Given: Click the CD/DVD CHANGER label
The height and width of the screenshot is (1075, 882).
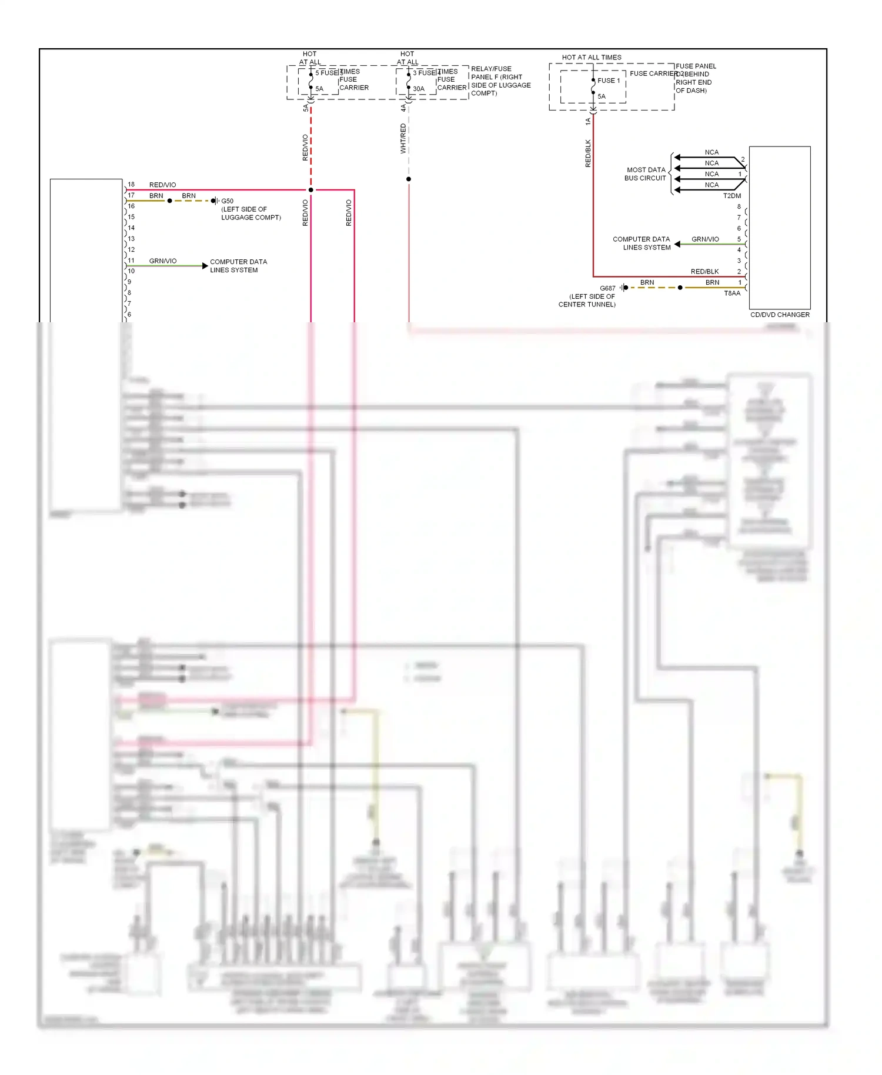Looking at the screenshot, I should (779, 315).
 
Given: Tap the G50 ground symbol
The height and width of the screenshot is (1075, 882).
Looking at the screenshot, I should (215, 201).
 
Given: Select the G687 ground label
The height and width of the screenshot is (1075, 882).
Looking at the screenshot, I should (607, 288).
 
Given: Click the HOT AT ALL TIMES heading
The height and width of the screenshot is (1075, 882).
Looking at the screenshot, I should (591, 57).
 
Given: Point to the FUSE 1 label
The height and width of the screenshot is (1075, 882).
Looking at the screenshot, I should (608, 81).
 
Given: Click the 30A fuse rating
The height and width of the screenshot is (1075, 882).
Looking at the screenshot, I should (418, 89).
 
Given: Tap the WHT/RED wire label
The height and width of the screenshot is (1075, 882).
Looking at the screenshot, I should (403, 138).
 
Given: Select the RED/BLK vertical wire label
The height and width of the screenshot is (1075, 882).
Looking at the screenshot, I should (587, 153).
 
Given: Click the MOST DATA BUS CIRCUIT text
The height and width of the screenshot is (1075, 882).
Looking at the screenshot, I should (645, 173).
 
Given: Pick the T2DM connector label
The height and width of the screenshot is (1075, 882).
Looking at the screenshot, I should (731, 196).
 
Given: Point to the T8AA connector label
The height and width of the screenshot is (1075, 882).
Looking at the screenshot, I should (731, 293).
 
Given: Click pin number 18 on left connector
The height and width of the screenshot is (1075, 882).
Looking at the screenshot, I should (131, 184).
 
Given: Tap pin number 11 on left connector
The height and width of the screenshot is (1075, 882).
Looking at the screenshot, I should (131, 260).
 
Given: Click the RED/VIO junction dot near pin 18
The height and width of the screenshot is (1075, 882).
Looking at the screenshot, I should (310, 190).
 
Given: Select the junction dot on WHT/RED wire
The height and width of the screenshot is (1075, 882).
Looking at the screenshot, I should (408, 179).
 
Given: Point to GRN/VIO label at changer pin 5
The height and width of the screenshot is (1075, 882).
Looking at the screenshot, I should (704, 239).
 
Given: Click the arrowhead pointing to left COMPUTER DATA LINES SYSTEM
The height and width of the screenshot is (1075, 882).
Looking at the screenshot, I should (205, 266).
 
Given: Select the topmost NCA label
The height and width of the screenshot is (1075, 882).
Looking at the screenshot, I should (711, 152).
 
